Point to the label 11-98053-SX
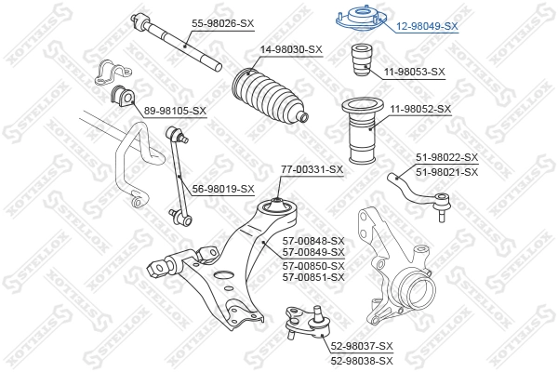(x=415, y=71)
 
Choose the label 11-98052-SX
(x=420, y=109)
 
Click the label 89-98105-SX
(x=175, y=111)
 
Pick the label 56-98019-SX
(x=223, y=189)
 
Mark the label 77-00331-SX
(x=312, y=169)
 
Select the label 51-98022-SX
(x=446, y=158)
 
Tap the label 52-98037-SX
(x=362, y=347)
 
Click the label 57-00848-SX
(x=313, y=240)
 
